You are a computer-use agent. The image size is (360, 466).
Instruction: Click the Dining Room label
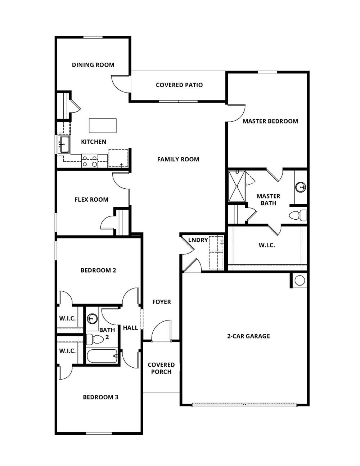(x=93, y=65)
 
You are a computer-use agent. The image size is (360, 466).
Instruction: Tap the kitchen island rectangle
(x=103, y=125)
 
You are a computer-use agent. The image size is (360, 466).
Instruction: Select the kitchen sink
(x=64, y=144)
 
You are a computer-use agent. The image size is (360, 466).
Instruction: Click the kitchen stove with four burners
(x=90, y=161)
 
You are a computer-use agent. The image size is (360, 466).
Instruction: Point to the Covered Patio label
(x=179, y=85)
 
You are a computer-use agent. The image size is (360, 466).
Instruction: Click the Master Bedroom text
(x=270, y=121)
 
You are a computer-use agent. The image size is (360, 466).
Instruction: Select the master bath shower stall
(x=237, y=187)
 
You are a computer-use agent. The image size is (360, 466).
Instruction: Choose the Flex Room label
(x=91, y=200)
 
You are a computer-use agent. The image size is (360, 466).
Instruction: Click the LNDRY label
(x=198, y=240)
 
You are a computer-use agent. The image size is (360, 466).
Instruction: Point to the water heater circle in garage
(x=300, y=280)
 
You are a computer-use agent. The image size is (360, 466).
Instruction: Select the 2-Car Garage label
(x=248, y=336)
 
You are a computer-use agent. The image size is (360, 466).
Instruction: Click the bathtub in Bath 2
(x=102, y=356)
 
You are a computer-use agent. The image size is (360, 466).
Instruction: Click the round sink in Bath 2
(x=93, y=319)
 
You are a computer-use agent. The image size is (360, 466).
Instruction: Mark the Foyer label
(x=161, y=302)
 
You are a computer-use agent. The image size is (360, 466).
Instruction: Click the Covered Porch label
(x=161, y=368)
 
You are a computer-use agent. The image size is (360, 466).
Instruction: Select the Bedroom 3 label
(x=100, y=397)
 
